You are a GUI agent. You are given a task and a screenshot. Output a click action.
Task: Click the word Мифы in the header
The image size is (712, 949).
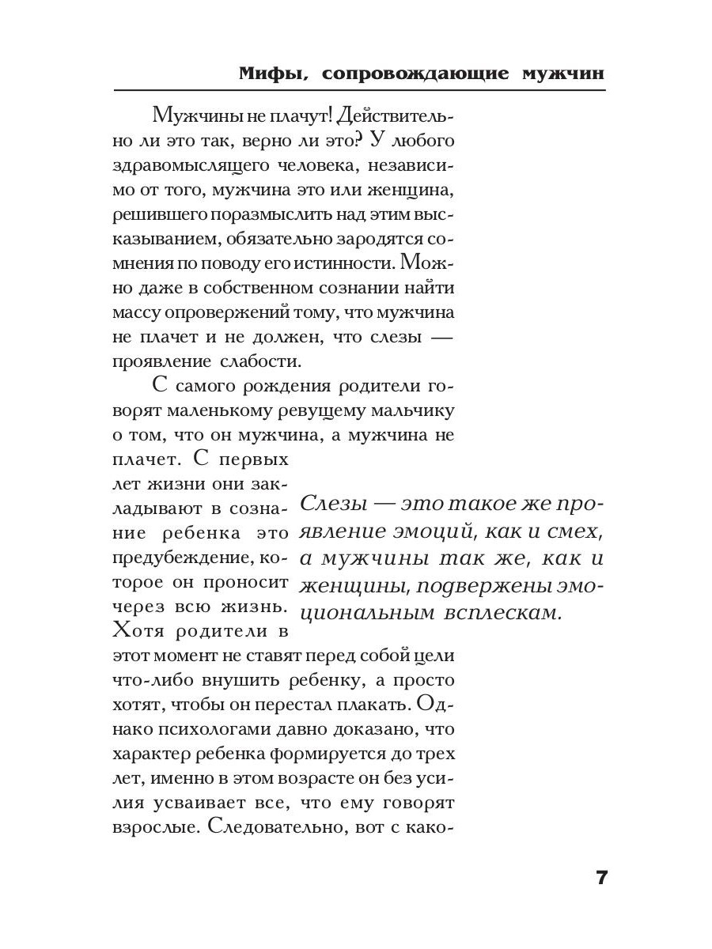pyautogui.click(x=265, y=74)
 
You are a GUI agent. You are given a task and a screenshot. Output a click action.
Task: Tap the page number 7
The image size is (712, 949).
pyautogui.click(x=600, y=878)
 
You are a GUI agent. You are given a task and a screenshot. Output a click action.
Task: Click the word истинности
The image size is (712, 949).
pyautogui.click(x=350, y=261)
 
